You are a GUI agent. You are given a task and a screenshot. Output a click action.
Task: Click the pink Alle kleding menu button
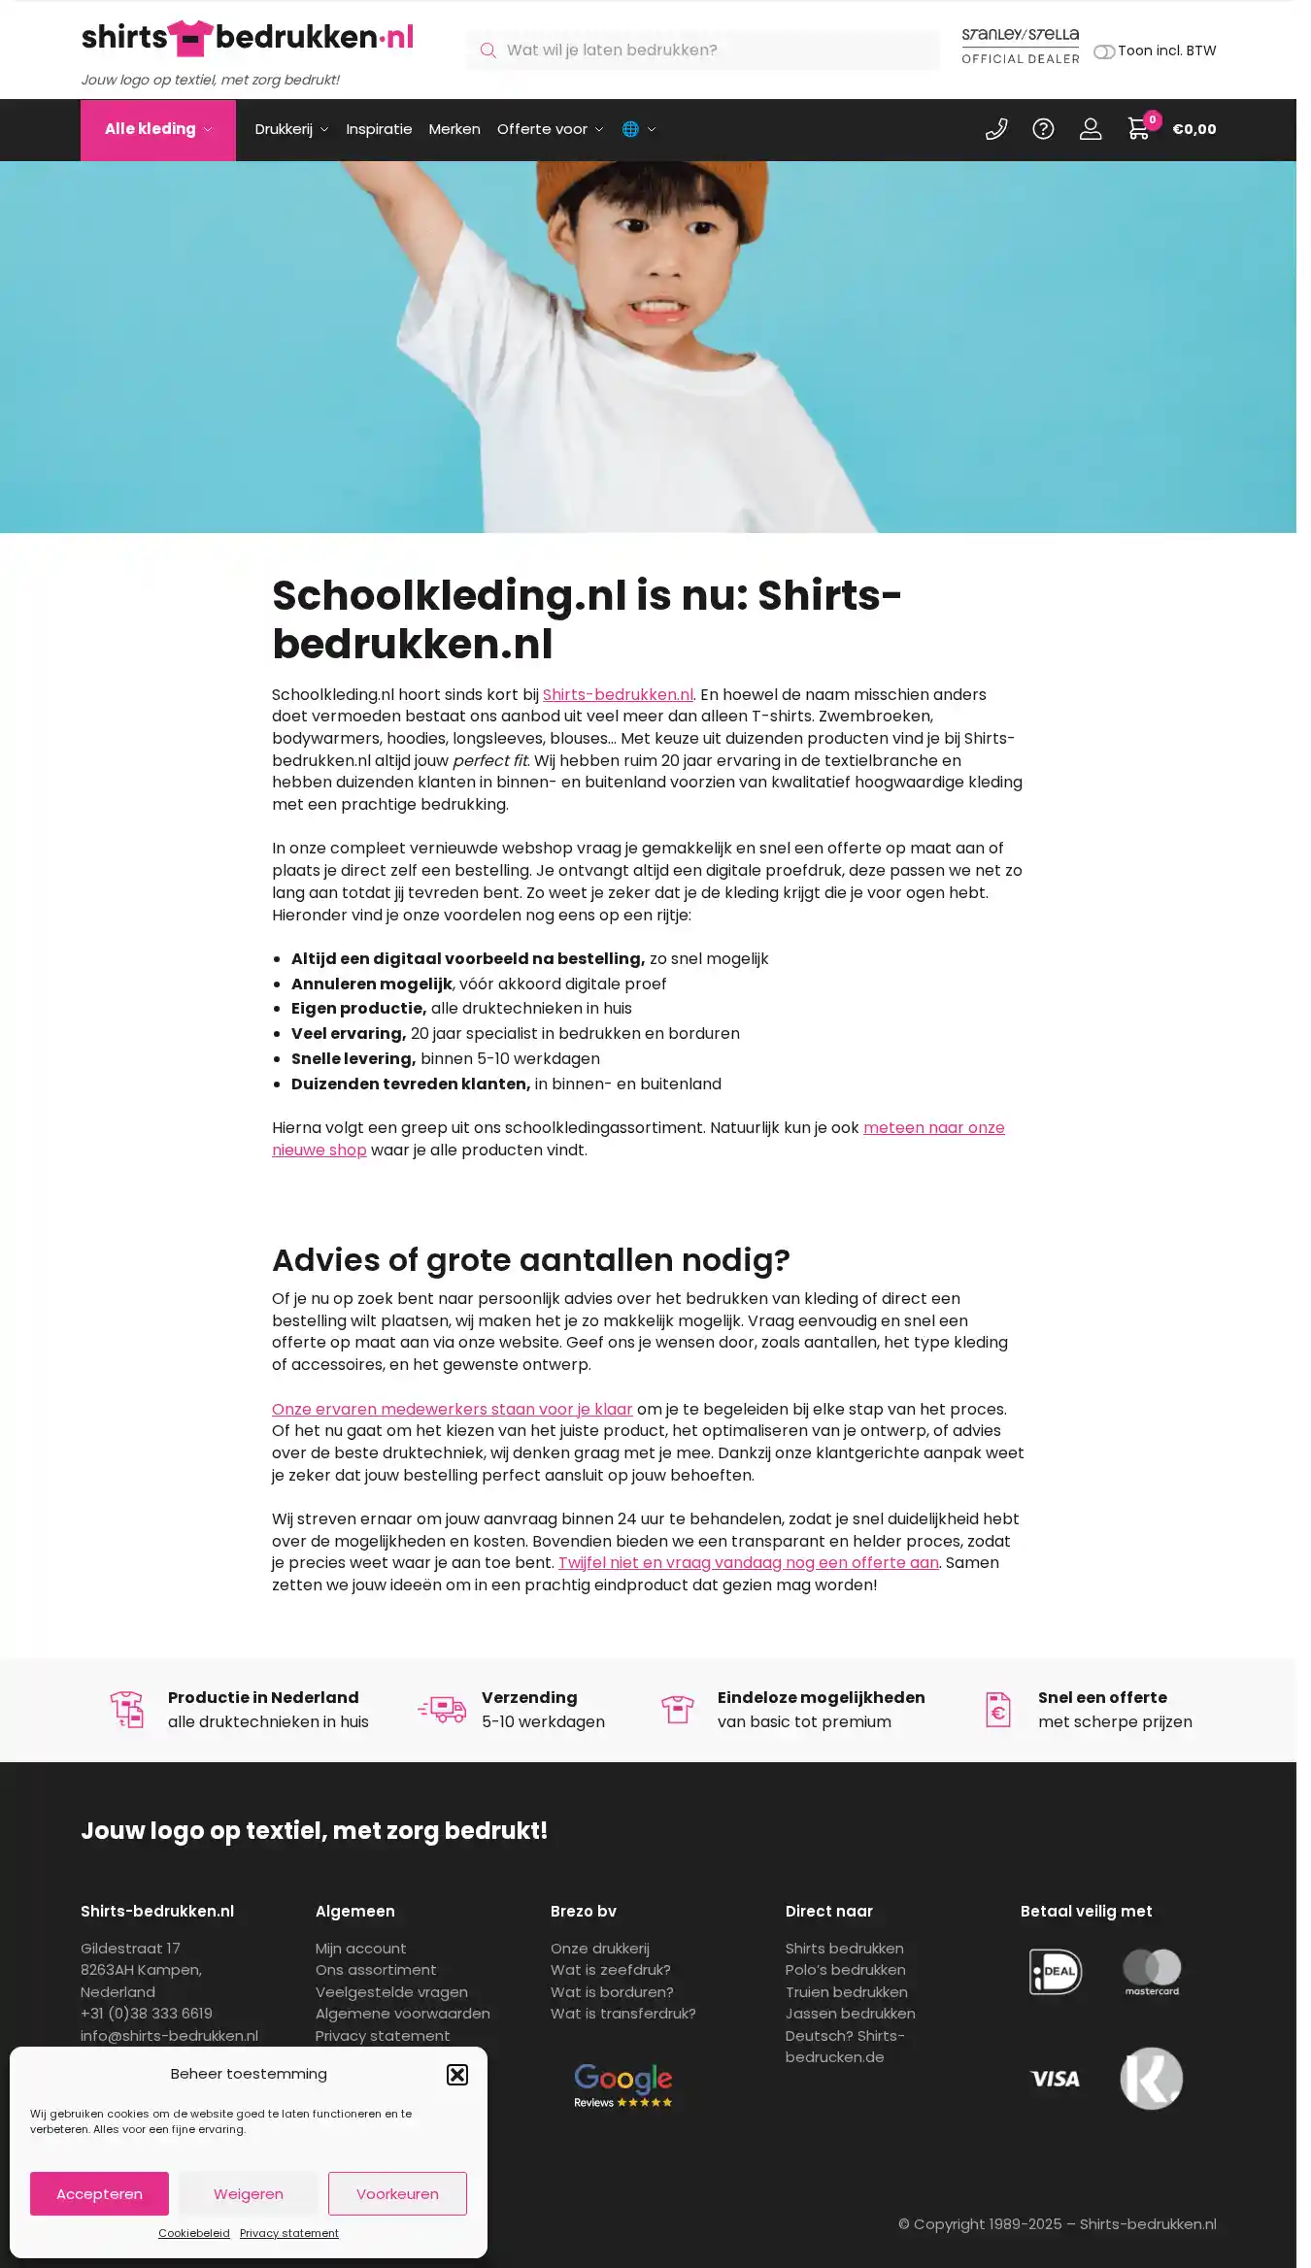(x=157, y=129)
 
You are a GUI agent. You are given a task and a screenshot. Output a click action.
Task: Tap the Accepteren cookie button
(x=99, y=2193)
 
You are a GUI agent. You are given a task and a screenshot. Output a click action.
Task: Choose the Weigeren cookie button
(x=249, y=2193)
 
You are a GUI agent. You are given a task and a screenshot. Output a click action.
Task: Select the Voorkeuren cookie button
(x=397, y=2193)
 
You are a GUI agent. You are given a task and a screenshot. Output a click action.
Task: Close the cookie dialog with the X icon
(x=457, y=2075)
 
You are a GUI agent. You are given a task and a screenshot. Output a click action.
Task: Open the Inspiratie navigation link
(x=379, y=129)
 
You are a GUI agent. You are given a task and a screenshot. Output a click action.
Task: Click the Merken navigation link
(x=454, y=129)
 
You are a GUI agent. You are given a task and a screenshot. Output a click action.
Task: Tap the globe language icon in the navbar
(x=631, y=129)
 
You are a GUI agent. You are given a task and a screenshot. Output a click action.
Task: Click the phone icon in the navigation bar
(x=996, y=129)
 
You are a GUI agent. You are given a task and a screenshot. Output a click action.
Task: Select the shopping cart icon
(x=1138, y=128)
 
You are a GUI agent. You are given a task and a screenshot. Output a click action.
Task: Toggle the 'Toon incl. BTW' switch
(x=1104, y=51)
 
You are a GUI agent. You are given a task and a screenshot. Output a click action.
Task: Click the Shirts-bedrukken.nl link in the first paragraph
(x=618, y=694)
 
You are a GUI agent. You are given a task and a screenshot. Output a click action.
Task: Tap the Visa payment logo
(x=1055, y=2079)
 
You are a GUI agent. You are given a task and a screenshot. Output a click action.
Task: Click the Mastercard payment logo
(x=1152, y=1972)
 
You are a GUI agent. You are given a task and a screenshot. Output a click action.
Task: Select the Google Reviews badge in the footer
(x=622, y=2085)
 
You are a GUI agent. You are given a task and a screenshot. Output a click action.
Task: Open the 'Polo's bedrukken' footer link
(x=845, y=1970)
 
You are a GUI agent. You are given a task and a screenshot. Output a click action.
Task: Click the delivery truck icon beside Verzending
(x=443, y=1710)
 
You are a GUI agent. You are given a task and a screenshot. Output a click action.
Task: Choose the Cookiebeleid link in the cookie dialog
(x=194, y=2233)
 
